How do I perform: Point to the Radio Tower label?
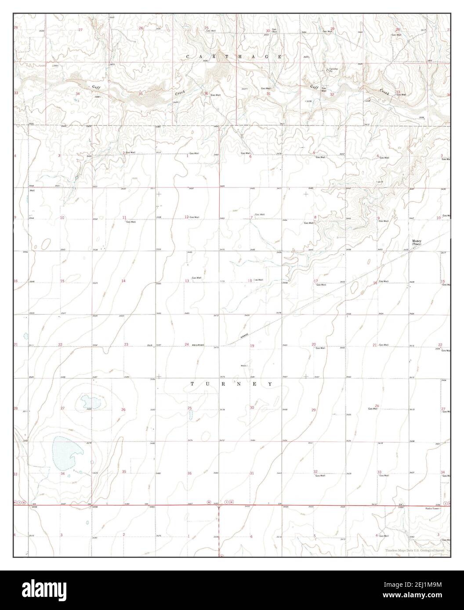tap(433, 508)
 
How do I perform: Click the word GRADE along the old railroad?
tap(244, 336)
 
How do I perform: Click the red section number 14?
tap(124, 281)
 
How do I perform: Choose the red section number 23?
tap(126, 344)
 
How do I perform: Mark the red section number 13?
tap(187, 281)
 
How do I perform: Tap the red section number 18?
tap(250, 280)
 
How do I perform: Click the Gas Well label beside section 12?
tap(194, 217)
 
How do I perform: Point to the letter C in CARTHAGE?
tap(188, 57)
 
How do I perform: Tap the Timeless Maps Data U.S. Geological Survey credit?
tap(415, 550)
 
